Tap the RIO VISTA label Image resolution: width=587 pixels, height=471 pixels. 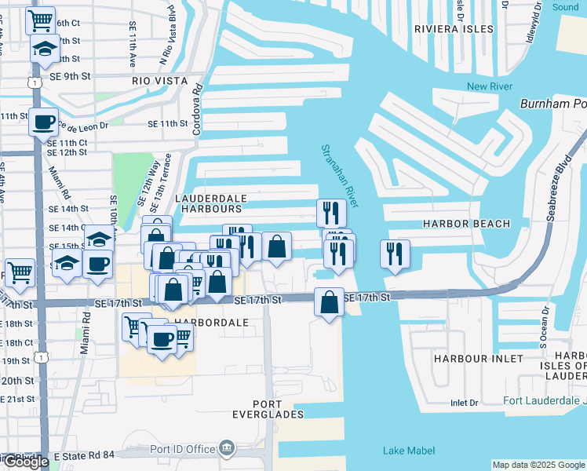(x=160, y=81)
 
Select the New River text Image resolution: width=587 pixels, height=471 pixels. (x=488, y=86)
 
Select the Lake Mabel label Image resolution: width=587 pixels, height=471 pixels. (x=404, y=451)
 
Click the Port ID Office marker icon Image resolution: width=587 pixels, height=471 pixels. (x=227, y=448)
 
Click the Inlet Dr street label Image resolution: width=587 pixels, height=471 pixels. (x=464, y=403)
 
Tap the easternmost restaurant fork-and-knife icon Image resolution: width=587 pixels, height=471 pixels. (x=394, y=254)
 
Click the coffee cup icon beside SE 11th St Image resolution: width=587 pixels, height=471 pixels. (x=43, y=122)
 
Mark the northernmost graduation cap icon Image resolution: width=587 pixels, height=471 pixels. (x=45, y=49)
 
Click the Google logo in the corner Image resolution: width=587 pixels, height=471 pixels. (x=25, y=462)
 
